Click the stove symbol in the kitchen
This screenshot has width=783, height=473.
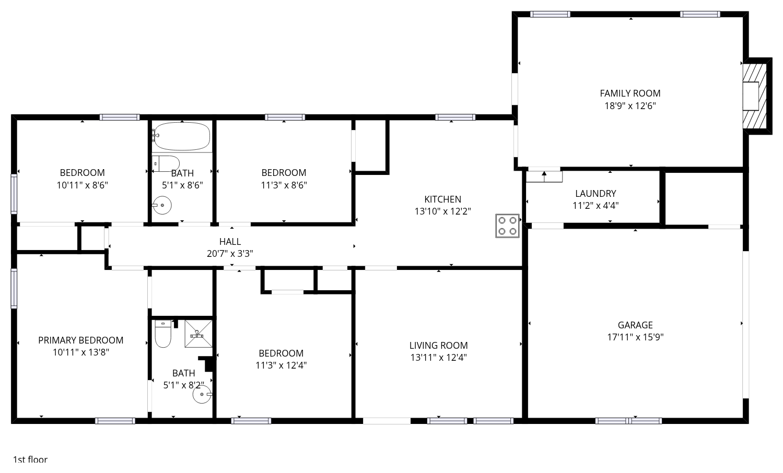(507, 226)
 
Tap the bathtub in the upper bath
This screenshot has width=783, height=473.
(182, 136)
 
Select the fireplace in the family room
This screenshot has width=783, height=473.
(755, 96)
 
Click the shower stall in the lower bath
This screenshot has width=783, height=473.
(198, 334)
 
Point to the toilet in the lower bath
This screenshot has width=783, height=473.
(163, 334)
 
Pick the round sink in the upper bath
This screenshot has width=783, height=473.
(162, 205)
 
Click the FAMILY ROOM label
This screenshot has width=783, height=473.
(630, 93)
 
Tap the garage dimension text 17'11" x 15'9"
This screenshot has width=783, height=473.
(635, 337)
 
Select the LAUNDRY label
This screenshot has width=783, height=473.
(595, 193)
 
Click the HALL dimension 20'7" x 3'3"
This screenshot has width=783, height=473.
(230, 253)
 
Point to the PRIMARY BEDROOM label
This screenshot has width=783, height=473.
(81, 340)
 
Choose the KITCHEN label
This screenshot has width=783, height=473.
(442, 199)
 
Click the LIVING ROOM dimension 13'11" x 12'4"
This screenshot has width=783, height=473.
(438, 358)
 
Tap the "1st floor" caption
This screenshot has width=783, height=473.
(30, 459)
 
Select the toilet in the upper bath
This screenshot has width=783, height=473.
(166, 163)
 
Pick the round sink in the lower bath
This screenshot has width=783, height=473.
(202, 394)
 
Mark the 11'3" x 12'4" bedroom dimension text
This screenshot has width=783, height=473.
(281, 365)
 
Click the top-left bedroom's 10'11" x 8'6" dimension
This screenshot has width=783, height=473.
(82, 185)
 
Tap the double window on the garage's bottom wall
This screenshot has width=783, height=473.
(628, 421)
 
